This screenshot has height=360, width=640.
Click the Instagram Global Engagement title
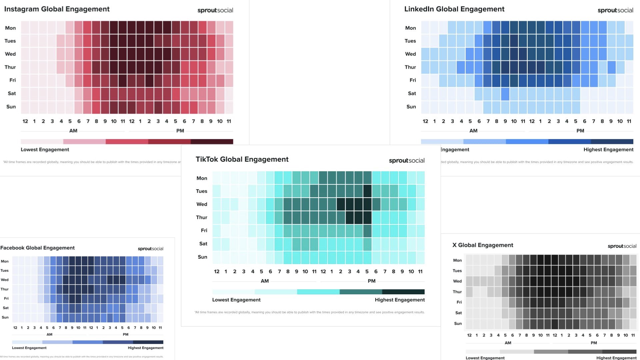pyautogui.click(x=57, y=9)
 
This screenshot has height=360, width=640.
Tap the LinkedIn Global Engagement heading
pyautogui.click(x=454, y=9)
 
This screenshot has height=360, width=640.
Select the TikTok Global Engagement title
pyautogui.click(x=242, y=159)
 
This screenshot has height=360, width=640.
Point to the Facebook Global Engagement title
pyautogui.click(x=37, y=248)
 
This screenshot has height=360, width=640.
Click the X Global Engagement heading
pyautogui.click(x=482, y=245)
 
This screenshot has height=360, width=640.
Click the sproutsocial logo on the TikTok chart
pyautogui.click(x=407, y=161)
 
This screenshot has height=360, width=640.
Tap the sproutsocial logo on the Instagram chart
pyautogui.click(x=215, y=10)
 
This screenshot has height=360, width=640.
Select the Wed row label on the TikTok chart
pyautogui.click(x=202, y=204)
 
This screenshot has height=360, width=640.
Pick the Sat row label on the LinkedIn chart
pyautogui.click(x=412, y=94)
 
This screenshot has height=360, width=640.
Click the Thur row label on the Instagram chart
pyautogui.click(x=10, y=67)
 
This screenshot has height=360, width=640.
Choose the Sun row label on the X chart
pyautogui.click(x=458, y=324)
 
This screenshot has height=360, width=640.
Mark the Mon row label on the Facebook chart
pyautogui.click(x=5, y=261)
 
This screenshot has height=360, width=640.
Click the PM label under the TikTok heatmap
pyautogui.click(x=371, y=281)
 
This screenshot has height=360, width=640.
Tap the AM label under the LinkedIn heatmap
pyautogui.click(x=473, y=131)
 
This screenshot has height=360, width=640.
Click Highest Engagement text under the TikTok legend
pyautogui.click(x=400, y=300)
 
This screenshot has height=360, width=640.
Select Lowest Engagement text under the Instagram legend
pyautogui.click(x=45, y=150)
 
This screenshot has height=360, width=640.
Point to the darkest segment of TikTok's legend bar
pyautogui.click(x=403, y=292)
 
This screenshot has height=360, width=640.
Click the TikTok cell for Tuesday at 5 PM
pyautogui.click(x=367, y=191)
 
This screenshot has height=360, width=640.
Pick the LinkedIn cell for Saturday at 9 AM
pyautogui.click(x=505, y=94)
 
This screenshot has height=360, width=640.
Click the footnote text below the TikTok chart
pyautogui.click(x=309, y=312)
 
